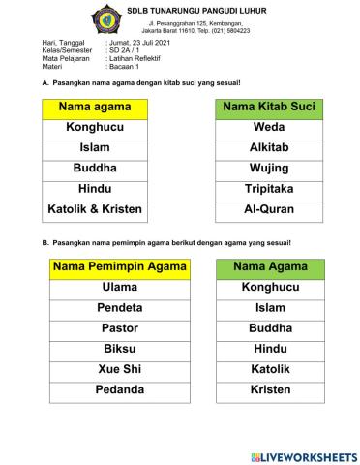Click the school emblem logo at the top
(x=106, y=17)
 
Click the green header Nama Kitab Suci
(x=269, y=106)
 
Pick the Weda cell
(x=269, y=127)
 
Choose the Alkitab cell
(x=269, y=147)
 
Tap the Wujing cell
(x=269, y=168)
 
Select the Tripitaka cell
(x=269, y=188)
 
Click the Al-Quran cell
(x=269, y=208)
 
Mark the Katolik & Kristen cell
(x=95, y=208)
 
